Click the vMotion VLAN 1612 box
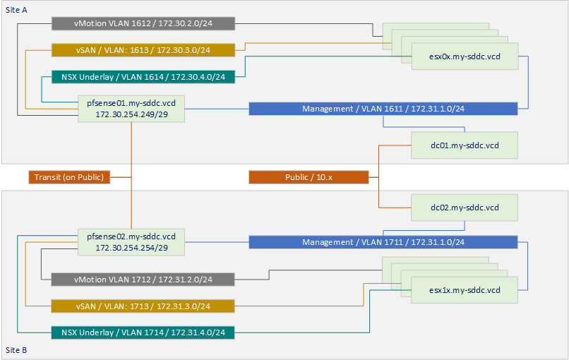pos(143,23)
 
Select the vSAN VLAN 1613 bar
pos(143,50)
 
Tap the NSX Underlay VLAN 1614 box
pos(143,77)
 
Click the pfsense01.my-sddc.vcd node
pos(131,109)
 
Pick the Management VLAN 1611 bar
pos(383,109)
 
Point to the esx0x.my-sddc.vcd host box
pos(465,56)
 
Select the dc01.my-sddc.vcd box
pos(465,145)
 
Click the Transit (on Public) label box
pos(69,177)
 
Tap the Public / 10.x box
pos(309,177)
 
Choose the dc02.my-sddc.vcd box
pos(465,208)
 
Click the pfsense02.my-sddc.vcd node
pos(131,242)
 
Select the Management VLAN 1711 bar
pos(383,242)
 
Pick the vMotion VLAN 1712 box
pos(143,280)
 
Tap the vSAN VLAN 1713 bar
pos(143,306)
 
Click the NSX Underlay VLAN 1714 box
pos(143,332)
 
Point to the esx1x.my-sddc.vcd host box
pos(465,290)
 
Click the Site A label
pos(16,10)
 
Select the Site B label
pos(16,350)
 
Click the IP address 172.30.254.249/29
pos(132,114)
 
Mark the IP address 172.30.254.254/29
pos(132,248)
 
